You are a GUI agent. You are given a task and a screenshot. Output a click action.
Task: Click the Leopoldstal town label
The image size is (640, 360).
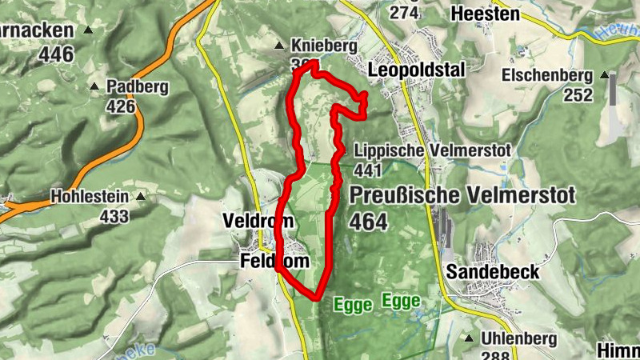pyautogui.click(x=416, y=70)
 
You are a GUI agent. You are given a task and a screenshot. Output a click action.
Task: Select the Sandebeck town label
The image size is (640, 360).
pyautogui.click(x=493, y=271)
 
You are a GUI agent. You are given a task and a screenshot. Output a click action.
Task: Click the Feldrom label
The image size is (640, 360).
pyautogui.click(x=274, y=262)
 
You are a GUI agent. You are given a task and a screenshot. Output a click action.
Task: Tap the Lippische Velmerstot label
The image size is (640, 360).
pyautogui.click(x=406, y=150)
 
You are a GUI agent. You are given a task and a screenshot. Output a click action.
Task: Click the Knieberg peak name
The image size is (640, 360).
pyautogui.click(x=324, y=46)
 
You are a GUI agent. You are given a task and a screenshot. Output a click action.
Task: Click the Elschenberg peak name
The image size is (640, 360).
pyautogui.click(x=547, y=76)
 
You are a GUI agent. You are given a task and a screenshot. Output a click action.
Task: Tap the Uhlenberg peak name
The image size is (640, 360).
pyautogui.click(x=519, y=339)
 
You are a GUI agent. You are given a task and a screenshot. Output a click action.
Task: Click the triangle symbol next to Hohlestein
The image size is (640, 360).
pyautogui.click(x=141, y=195)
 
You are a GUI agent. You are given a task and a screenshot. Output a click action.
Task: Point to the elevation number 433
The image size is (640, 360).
pyautogui.click(x=114, y=215)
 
